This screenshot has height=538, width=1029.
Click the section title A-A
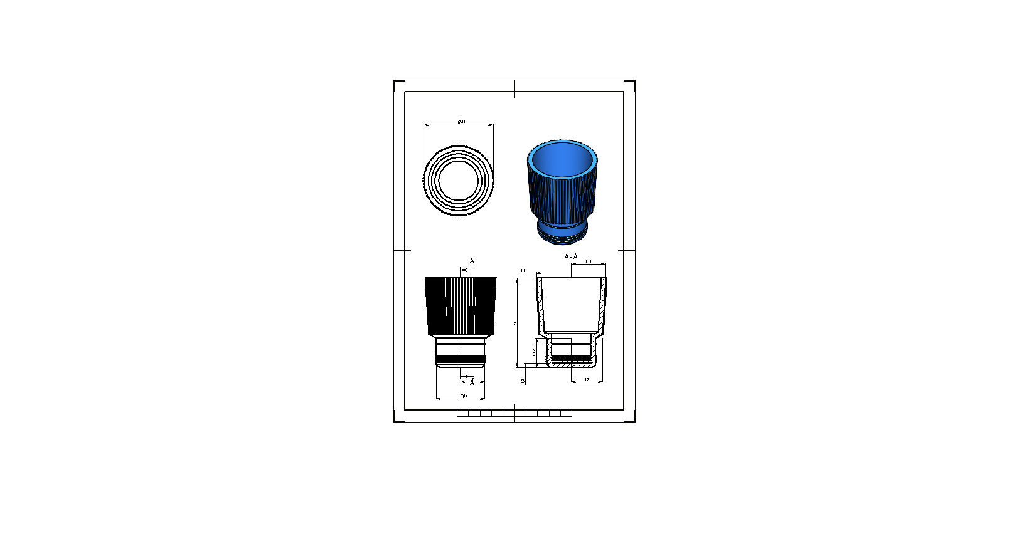coord(571,256)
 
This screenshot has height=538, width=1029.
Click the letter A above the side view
coord(472,261)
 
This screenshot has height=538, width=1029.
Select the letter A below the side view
coord(472,382)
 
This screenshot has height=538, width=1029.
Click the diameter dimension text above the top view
coord(462,122)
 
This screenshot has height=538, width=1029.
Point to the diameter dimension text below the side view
coord(464,396)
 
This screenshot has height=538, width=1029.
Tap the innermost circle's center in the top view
coord(459,180)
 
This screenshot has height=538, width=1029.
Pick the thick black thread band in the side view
coord(461,360)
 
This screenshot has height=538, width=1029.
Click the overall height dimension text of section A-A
coord(515,323)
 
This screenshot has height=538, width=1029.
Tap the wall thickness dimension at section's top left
coord(523,270)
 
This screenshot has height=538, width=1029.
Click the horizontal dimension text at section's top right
coord(589,261)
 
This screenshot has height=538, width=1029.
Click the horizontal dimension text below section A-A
coord(587,379)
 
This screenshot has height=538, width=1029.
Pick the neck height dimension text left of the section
coord(534,352)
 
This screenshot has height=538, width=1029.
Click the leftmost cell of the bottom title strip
coord(462,414)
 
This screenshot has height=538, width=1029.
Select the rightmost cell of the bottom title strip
coord(566,414)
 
